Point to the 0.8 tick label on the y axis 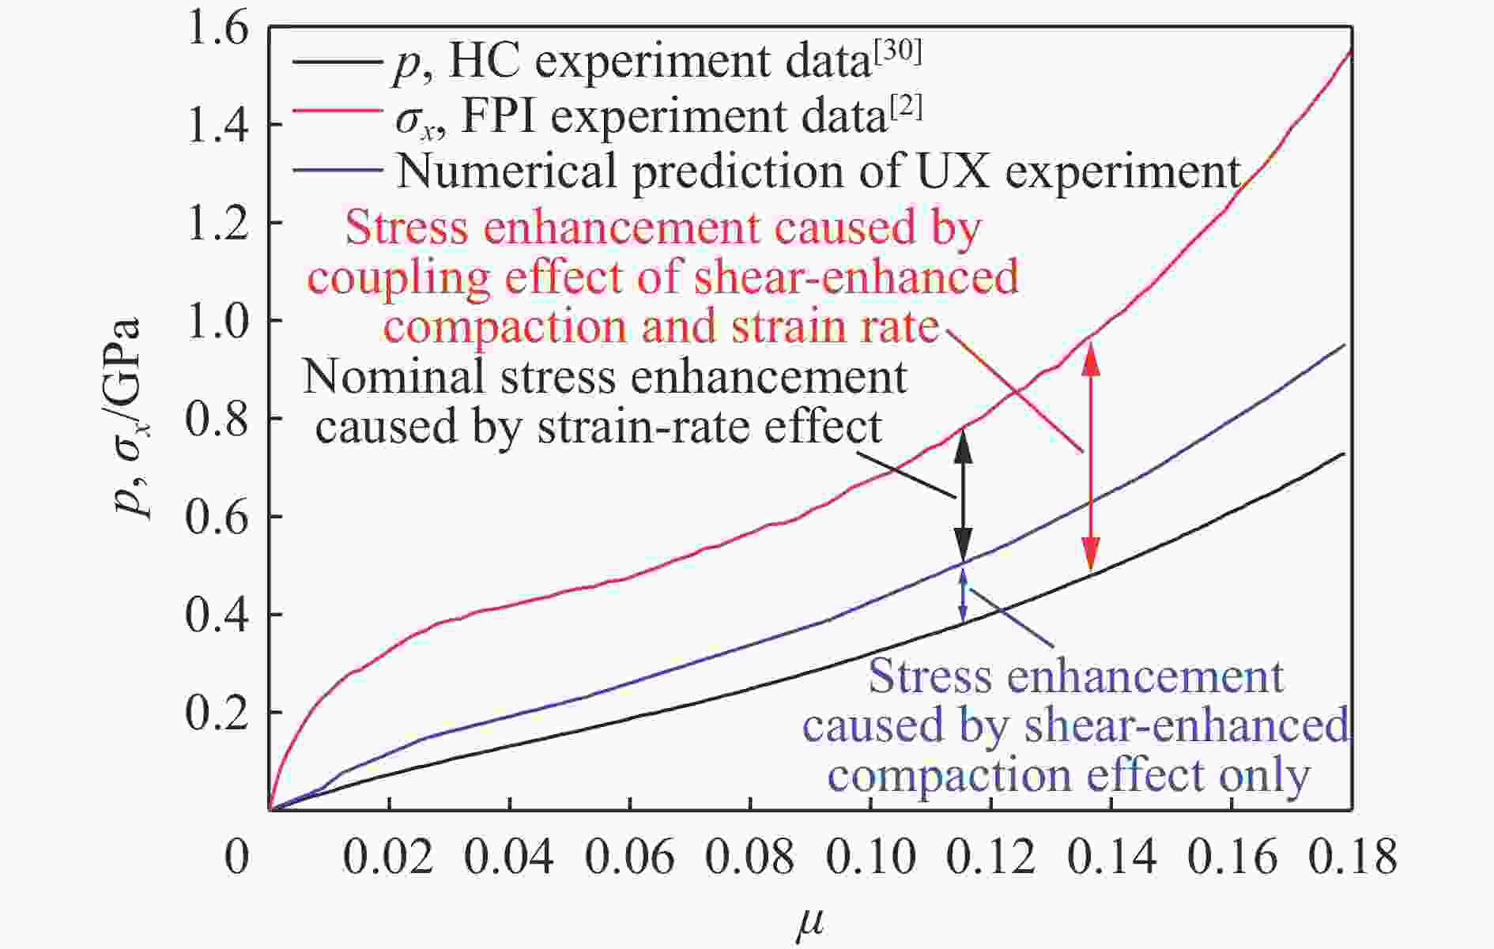215,419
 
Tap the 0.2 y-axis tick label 215,713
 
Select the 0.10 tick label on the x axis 870,857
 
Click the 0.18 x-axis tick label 1351,857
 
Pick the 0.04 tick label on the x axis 509,857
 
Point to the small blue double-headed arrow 963,594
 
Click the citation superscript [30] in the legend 896,54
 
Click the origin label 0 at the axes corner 236,857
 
